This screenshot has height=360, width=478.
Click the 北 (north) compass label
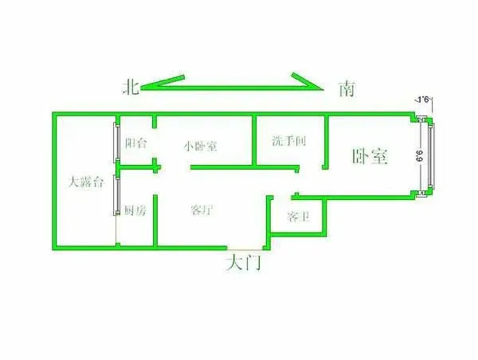(131, 88)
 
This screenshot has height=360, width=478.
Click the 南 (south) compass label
(347, 89)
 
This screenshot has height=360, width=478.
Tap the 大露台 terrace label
(87, 182)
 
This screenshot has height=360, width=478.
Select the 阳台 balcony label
(136, 143)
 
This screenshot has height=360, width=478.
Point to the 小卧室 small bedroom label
(200, 147)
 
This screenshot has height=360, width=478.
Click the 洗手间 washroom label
(288, 141)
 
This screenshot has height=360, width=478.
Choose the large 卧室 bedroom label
(370, 156)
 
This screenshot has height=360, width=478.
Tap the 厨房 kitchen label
(135, 210)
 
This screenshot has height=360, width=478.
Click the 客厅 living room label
(202, 209)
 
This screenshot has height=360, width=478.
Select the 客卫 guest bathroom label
(298, 217)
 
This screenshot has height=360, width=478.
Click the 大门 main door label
(243, 263)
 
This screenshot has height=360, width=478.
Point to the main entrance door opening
(245, 248)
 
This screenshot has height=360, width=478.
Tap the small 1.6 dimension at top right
(424, 100)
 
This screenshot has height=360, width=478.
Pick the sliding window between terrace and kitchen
(116, 195)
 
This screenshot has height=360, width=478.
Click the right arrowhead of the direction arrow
(307, 81)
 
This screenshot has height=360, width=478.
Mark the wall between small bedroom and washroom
(254, 141)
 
